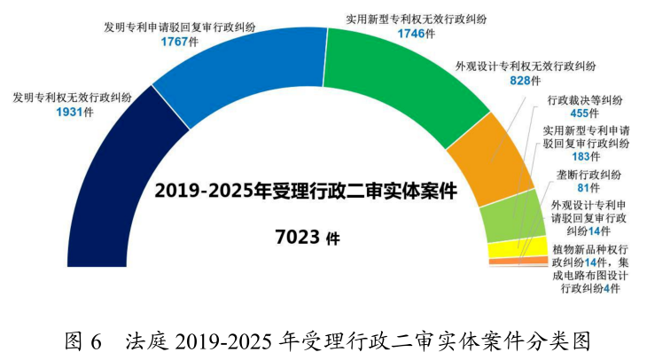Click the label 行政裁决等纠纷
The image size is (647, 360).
(586, 100)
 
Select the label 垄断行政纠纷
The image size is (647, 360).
(588, 174)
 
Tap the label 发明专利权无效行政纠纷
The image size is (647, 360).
(72, 98)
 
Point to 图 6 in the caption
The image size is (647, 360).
(85, 340)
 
